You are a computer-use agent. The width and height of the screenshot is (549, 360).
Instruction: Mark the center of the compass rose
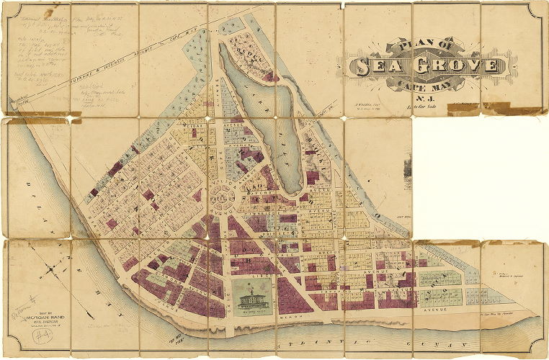pyautogui.click(x=53, y=274)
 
